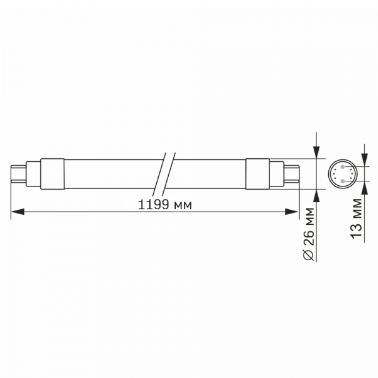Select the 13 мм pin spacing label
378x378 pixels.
357,218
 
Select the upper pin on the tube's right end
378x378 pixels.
294,167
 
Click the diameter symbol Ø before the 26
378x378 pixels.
308,255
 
